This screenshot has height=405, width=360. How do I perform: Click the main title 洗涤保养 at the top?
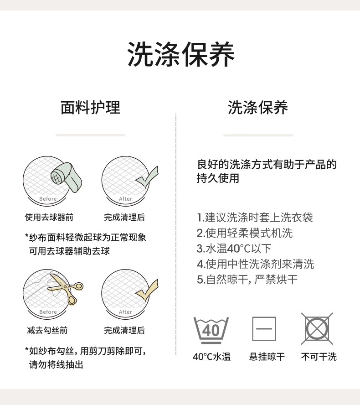pos(180,54)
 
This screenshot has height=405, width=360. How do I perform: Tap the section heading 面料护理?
pos(90,108)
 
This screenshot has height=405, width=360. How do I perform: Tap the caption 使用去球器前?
pos(49,217)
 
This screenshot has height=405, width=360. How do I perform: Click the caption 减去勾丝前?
pos(47,330)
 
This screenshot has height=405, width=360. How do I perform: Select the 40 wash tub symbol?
pos(211,330)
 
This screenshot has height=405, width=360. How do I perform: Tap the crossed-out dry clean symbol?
pos(317,328)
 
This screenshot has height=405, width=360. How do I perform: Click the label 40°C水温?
pos(211,357)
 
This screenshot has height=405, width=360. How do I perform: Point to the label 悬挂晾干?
pos(267,357)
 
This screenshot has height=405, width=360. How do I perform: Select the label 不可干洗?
pos(319,357)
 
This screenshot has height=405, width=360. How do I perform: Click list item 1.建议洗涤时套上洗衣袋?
pos(255,218)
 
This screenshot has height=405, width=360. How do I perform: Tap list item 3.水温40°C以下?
pos(234,249)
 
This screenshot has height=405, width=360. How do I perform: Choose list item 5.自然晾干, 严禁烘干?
pos(247,280)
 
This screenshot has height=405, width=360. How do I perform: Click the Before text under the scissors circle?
pos(48,312)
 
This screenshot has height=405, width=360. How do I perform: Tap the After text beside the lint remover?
pos(125,199)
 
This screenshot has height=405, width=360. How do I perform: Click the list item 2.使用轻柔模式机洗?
pos(245,233)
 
